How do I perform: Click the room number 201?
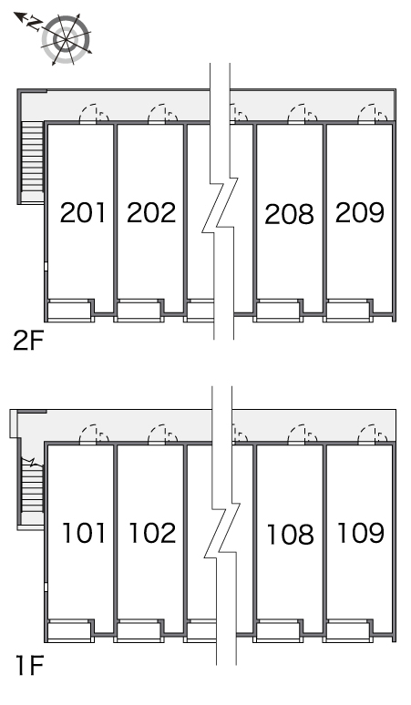pos(83,212)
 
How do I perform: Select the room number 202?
pos(151,212)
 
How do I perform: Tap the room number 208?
pos(289,214)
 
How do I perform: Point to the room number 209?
pos(360,212)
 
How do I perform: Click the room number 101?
pos(84,533)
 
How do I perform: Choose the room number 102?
pos(152,533)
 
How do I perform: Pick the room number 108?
pos(290,534)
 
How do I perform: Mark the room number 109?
pos(361,533)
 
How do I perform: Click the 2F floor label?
pos(28,342)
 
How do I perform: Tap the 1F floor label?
pos(29,666)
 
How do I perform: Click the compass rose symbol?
pos(67,39)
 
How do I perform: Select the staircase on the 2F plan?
pos(33,162)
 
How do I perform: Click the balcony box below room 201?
pos(69,311)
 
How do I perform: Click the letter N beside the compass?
pos(35,24)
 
